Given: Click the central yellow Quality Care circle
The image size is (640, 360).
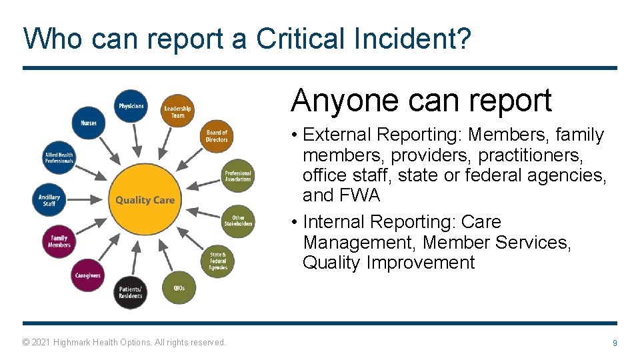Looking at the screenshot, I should pyautogui.click(x=145, y=199).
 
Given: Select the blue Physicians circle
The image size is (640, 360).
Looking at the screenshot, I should pyautogui.click(x=131, y=107).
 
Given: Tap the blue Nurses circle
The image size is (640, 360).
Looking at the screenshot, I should pyautogui.click(x=89, y=123).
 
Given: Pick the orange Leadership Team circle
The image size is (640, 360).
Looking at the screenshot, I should pyautogui.click(x=177, y=112).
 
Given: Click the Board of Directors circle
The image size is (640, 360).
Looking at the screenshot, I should pyautogui.click(x=217, y=136).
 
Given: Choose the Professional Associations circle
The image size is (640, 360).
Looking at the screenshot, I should pyautogui.click(x=237, y=176).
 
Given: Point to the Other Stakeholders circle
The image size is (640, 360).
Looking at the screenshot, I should pyautogui.click(x=237, y=221).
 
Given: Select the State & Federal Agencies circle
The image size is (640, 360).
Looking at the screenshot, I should pyautogui.click(x=218, y=261).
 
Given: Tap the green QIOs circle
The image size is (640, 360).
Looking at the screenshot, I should pyautogui.click(x=179, y=288).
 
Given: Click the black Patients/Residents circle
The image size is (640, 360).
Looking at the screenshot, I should pyautogui.click(x=130, y=293).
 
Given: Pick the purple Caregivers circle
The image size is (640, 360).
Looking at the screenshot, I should pyautogui.click(x=88, y=275).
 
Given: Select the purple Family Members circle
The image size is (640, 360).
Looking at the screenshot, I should pyautogui.click(x=59, y=241).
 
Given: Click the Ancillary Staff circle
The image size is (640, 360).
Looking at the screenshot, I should pyautogui.click(x=49, y=200).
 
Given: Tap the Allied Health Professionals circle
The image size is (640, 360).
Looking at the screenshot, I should pyautogui.click(x=59, y=158).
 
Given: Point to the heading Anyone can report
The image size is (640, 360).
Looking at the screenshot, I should pyautogui.click(x=421, y=101).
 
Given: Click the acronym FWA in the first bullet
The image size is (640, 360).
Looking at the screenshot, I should pyautogui.click(x=359, y=195).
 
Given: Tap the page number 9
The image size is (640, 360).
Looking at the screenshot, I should pyautogui.click(x=615, y=343).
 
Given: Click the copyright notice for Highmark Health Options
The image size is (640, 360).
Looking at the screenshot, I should pyautogui.click(x=124, y=343).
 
